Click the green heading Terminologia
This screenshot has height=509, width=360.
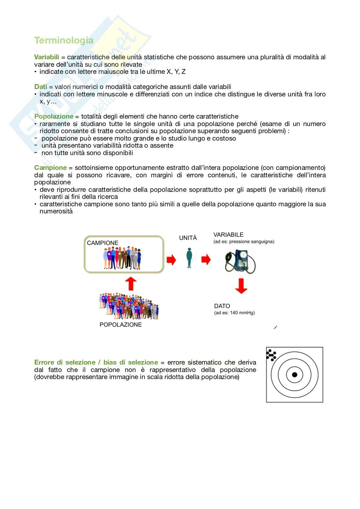click(64, 41)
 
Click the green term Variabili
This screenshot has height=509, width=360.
click(46, 57)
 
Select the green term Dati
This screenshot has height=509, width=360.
click(41, 87)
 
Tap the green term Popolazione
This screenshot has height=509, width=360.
click(54, 116)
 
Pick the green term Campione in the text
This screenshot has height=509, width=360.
click(50, 168)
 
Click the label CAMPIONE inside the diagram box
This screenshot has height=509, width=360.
click(103, 243)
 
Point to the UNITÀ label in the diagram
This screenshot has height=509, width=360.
click(188, 238)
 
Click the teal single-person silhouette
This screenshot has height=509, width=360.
click(189, 258)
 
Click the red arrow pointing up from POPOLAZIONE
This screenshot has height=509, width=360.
click(130, 283)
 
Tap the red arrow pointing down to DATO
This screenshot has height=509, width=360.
click(241, 286)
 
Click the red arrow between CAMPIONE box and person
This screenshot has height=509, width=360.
click(171, 259)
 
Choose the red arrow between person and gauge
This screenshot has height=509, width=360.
click(206, 259)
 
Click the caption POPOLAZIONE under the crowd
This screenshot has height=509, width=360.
click(121, 325)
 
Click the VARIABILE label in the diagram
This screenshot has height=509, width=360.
click(228, 235)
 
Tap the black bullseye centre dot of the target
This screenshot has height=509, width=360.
click(295, 375)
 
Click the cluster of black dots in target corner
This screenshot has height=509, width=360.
click(271, 355)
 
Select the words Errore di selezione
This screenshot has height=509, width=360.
click(65, 362)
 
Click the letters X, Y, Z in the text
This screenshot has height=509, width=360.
click(176, 72)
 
